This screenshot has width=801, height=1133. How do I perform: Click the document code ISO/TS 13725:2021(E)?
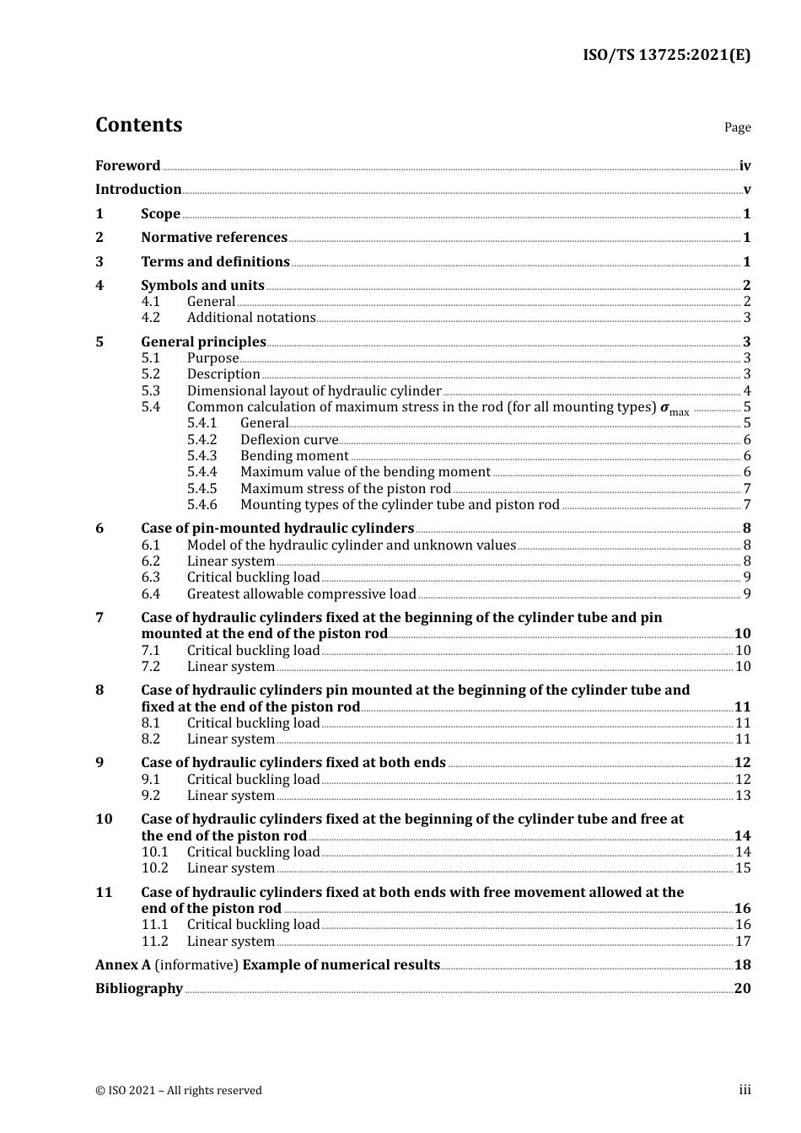pos(666,56)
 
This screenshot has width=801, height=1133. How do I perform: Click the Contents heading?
pos(138,125)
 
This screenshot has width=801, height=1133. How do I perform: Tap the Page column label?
pos(737,127)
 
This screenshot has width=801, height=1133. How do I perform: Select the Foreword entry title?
pos(127,166)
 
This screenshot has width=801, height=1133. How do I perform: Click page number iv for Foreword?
pos(745,166)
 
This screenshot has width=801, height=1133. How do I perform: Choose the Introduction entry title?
pos(138,190)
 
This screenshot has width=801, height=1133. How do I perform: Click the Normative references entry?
pos(214,238)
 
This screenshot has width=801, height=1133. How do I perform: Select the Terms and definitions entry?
pos(215,262)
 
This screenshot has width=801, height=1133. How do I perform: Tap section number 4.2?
pos(151,318)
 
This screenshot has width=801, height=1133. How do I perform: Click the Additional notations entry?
pos(251,318)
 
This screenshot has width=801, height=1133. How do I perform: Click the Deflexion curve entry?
pos(289,440)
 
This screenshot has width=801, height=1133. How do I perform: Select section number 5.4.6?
pos(202,505)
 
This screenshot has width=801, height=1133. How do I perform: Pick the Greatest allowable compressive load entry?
pos(301,594)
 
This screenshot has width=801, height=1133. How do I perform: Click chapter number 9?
pos(100,763)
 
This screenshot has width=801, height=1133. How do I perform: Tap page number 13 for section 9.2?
pos(743,796)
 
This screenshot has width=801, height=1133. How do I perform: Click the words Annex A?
pos(123,965)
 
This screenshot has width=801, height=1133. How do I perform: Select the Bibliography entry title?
pos(139,989)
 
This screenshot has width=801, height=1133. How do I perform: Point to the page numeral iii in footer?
pos(745,1090)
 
